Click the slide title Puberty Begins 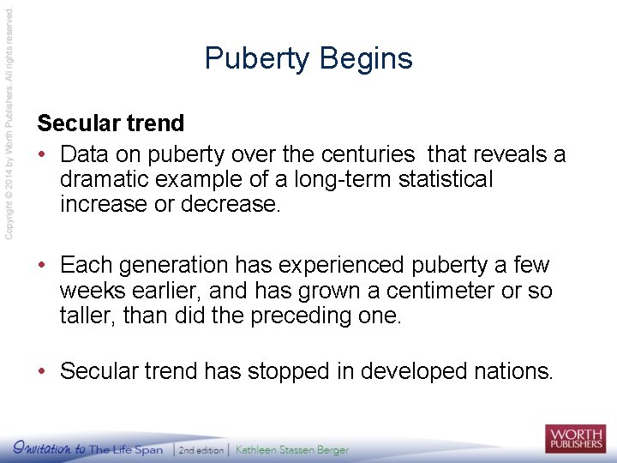[x=308, y=58]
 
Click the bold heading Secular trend [x=111, y=123]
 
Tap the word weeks [x=89, y=291]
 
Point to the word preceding [x=300, y=316]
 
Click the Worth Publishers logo [x=574, y=438]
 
